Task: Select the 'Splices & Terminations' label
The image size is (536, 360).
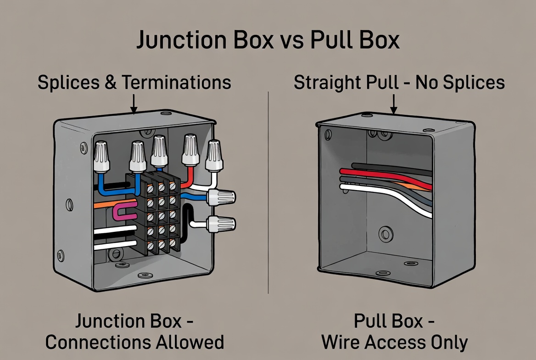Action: [134, 83]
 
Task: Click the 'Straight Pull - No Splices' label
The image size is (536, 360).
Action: [399, 83]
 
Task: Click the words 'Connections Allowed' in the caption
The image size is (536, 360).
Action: [134, 342]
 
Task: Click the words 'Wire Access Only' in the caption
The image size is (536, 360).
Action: [394, 342]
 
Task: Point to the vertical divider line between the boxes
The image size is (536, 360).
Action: [268, 193]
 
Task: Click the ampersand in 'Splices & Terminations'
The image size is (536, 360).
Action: [111, 83]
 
